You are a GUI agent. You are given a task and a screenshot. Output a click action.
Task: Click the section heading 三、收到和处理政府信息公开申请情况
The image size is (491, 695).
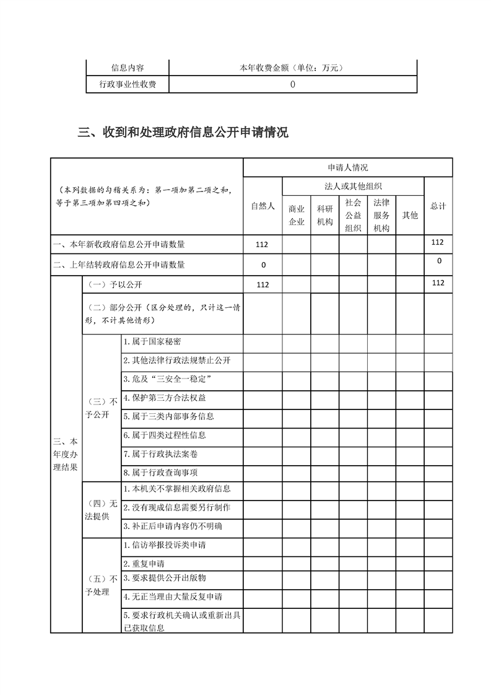click(183, 133)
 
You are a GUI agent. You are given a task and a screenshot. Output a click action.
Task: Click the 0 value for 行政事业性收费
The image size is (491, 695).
click(292, 85)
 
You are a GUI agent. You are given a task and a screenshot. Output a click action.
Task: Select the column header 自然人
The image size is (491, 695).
click(263, 206)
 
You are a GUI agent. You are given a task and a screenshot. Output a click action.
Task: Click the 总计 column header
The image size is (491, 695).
click(438, 206)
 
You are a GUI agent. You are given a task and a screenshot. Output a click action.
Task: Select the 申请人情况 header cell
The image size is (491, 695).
click(347, 167)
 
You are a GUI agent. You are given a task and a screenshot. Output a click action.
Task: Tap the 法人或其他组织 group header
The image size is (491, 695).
click(353, 186)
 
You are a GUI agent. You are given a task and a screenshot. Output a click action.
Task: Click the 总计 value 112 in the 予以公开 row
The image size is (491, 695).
click(438, 283)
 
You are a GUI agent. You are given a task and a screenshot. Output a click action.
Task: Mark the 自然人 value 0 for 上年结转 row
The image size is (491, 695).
click(263, 265)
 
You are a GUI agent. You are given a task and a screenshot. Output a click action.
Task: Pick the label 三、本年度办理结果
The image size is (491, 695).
click(66, 455)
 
